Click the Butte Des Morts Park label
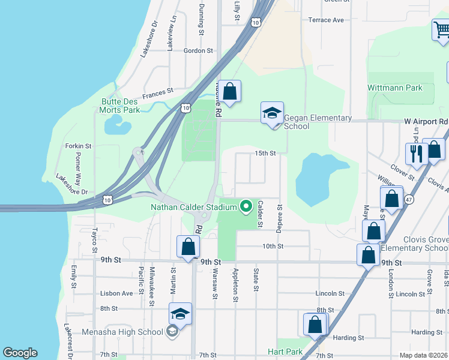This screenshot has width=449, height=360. [121, 106]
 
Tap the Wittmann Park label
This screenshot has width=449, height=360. [395, 88]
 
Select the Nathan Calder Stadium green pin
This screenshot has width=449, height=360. [246, 207]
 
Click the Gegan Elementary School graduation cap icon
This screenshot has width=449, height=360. [272, 113]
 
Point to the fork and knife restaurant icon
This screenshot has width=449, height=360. [415, 153]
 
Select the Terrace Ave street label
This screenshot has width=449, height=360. [326, 20]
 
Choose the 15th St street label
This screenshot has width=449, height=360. [265, 154]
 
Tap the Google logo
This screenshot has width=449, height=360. [20, 353]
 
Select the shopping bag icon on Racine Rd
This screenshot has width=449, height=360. [229, 92]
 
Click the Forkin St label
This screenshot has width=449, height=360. [79, 146]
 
